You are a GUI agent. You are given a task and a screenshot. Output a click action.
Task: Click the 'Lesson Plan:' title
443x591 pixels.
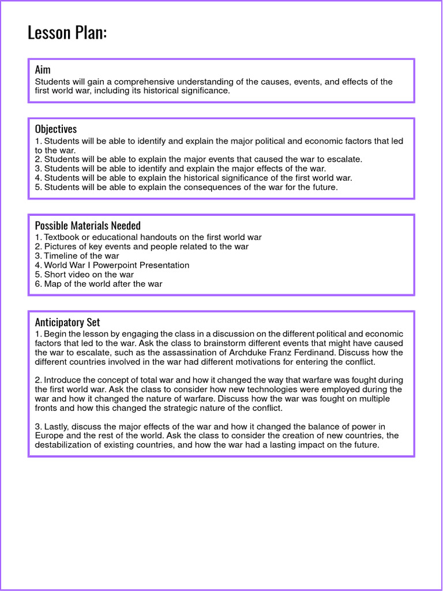click(67, 33)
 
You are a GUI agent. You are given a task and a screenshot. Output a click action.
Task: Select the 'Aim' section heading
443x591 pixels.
click(43, 70)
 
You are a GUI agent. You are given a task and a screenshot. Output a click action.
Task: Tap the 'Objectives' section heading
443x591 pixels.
click(55, 129)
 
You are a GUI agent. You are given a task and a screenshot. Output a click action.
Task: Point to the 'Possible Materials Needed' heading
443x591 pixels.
click(88, 225)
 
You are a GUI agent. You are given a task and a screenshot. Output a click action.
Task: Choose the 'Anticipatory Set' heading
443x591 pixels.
click(67, 322)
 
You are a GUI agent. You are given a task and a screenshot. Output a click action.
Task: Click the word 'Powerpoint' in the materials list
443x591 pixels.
click(120, 265)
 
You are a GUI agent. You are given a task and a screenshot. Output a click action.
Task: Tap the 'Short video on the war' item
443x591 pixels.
click(89, 274)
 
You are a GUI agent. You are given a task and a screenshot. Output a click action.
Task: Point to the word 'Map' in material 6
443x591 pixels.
click(53, 283)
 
